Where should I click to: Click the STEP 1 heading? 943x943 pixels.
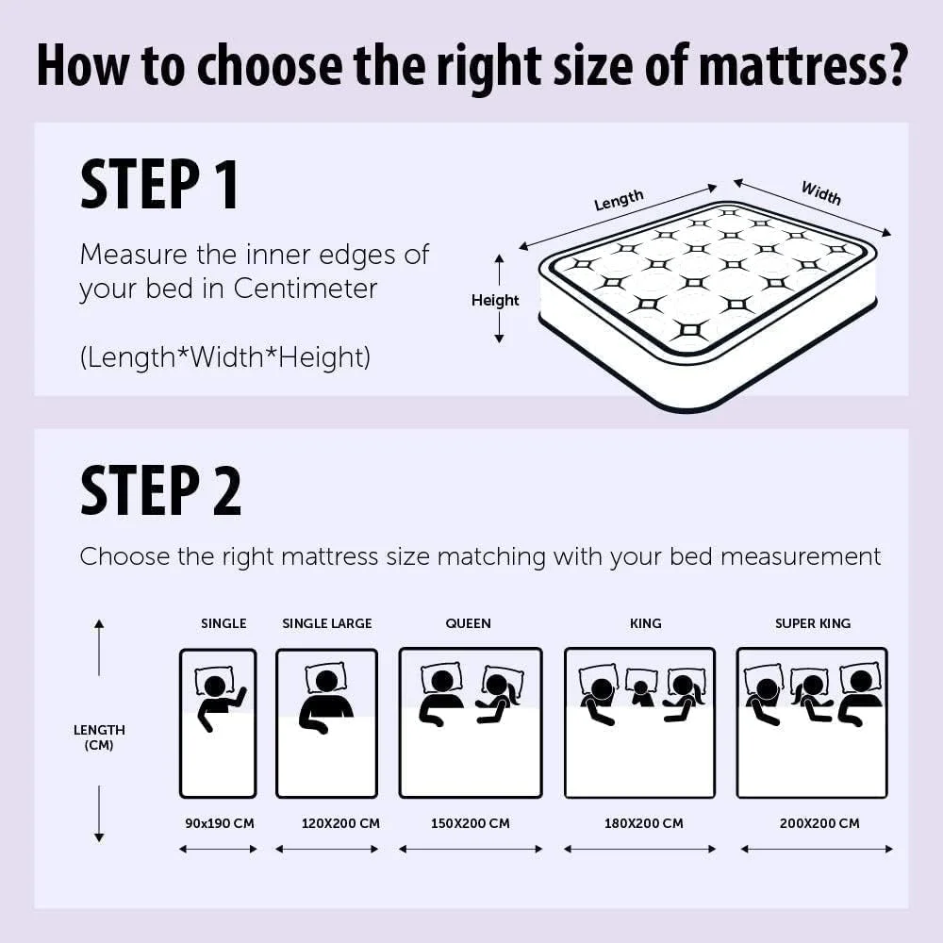click(159, 184)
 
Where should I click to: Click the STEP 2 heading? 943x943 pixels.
click(160, 490)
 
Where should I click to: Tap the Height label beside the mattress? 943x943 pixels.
click(495, 300)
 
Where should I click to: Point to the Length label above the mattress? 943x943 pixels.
click(619, 200)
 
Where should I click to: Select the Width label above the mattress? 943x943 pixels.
click(821, 193)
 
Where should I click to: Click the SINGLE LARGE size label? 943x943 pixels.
click(327, 623)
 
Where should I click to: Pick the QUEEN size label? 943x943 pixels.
click(469, 623)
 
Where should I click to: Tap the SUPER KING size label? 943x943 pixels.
click(813, 623)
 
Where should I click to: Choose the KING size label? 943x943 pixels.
click(646, 623)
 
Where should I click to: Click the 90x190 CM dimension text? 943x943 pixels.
click(220, 823)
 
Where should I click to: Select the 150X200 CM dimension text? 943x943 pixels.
click(471, 823)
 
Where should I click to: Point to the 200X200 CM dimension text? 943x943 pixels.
click(819, 823)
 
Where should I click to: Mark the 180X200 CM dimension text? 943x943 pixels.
click(644, 823)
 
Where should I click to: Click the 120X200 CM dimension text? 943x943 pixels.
click(341, 823)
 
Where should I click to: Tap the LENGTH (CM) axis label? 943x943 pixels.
click(99, 737)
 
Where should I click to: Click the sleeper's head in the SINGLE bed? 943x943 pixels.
click(215, 686)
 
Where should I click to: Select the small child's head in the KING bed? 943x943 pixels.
click(641, 687)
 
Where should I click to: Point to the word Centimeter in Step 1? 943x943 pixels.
click(306, 289)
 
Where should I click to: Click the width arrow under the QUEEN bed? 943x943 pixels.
click(471, 850)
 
